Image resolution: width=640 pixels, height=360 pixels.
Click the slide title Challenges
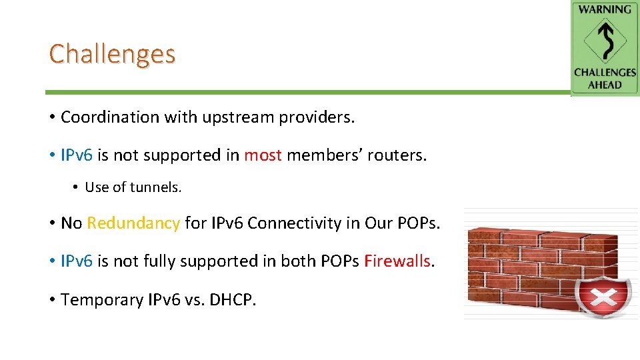[112, 53]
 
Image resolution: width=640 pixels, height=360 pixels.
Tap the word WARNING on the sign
[605, 9]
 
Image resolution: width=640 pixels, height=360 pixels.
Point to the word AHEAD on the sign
[605, 85]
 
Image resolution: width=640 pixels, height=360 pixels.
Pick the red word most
[263, 155]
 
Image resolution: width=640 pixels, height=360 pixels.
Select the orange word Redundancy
[133, 223]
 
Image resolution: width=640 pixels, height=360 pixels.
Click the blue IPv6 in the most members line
[77, 155]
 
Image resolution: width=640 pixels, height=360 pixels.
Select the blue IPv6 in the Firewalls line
[77, 261]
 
